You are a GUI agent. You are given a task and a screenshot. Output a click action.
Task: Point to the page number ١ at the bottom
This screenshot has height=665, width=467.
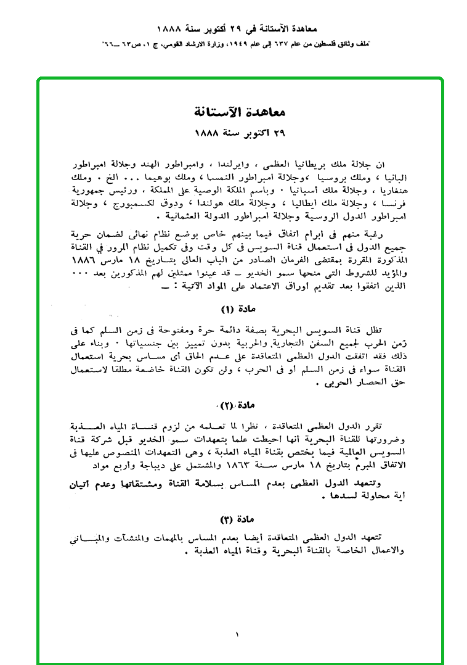point(236,634)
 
